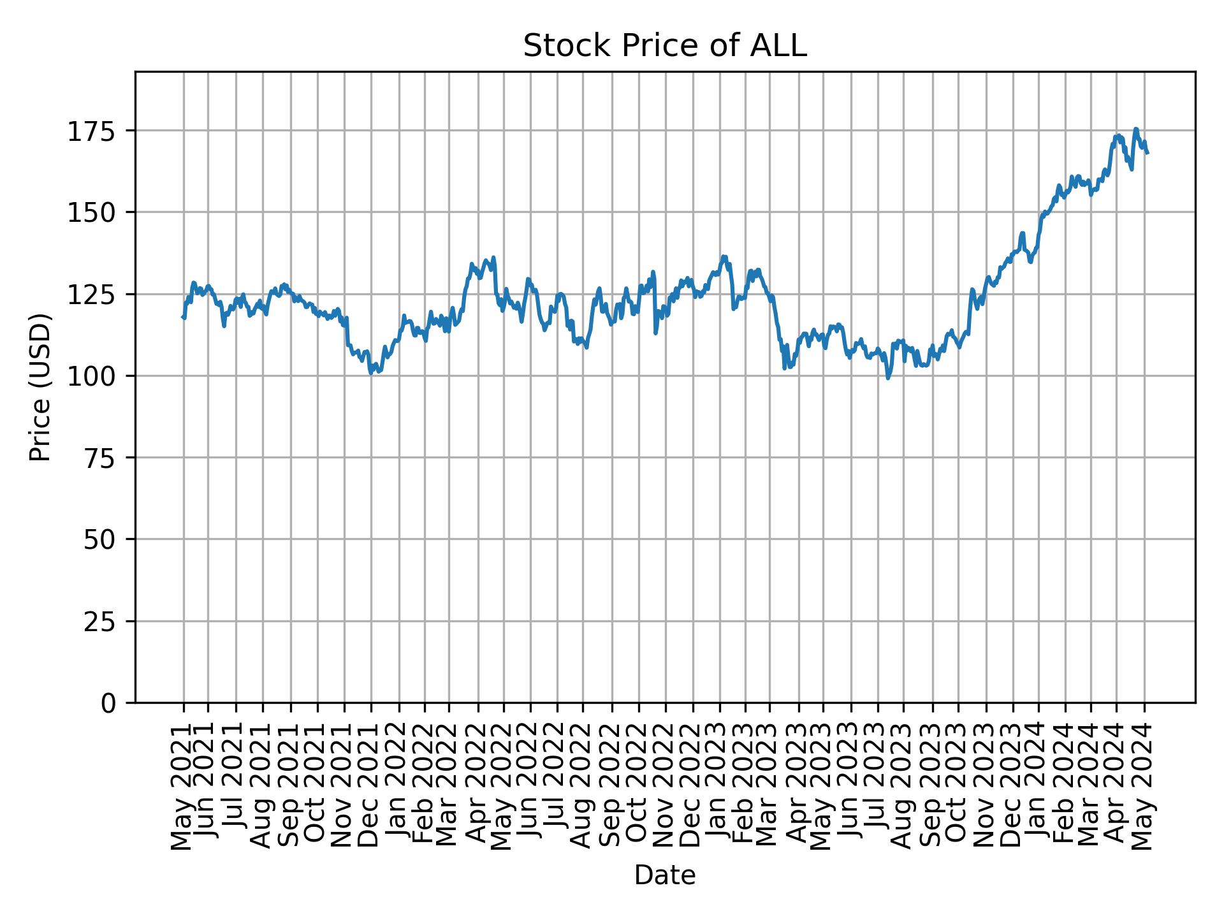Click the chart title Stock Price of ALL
665,46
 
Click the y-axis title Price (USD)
40,386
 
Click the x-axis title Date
665,876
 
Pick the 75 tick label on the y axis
105,458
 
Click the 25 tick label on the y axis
105,622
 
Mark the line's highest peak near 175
1135,129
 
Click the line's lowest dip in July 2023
888,378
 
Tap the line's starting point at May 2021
184,317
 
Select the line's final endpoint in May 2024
1147,153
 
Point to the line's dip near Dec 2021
371,373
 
